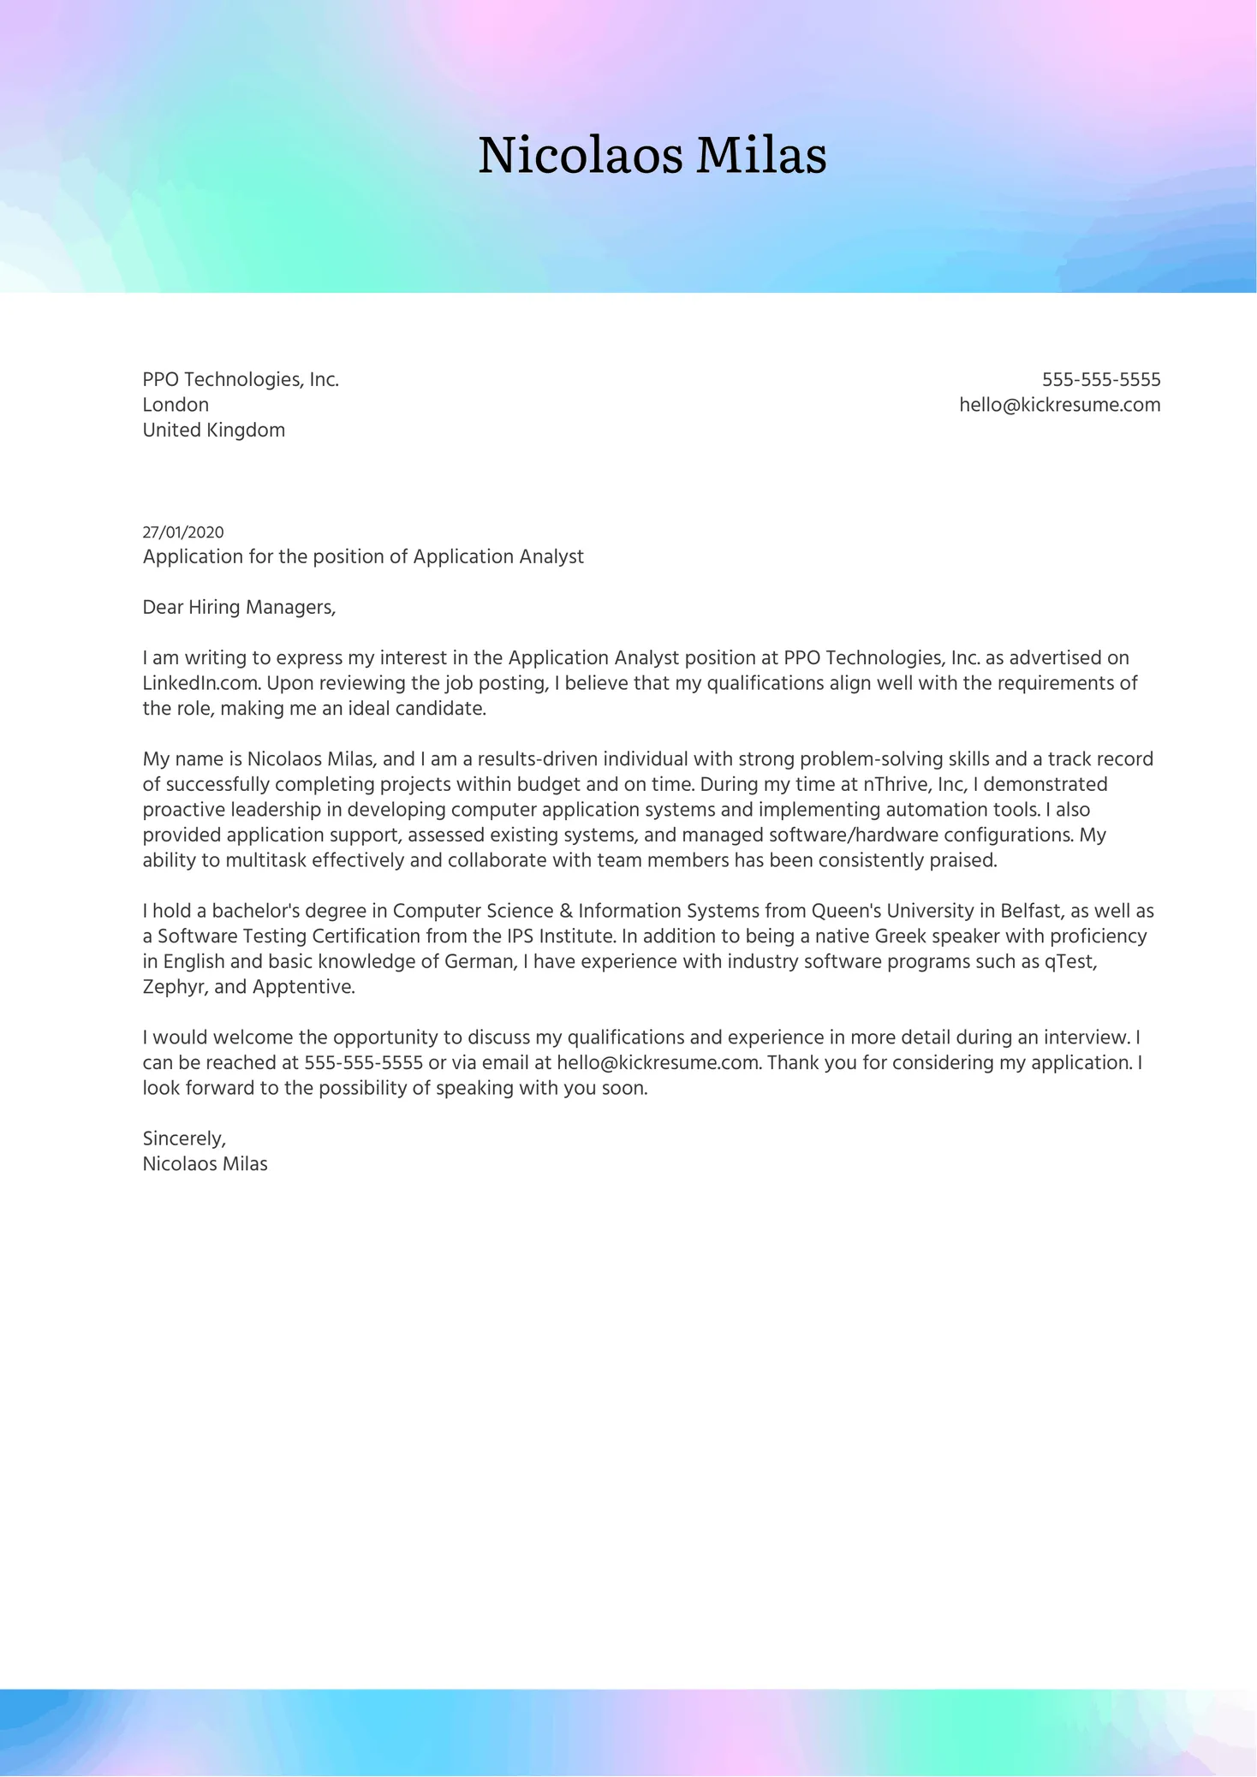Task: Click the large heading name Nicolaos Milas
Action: [x=652, y=155]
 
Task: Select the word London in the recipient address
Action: [x=176, y=405]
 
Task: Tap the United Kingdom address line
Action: [x=213, y=430]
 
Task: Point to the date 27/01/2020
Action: [x=183, y=532]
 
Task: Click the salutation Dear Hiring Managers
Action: [x=239, y=607]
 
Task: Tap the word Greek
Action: [x=900, y=936]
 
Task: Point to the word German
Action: [x=480, y=961]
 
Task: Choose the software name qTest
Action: [x=1069, y=961]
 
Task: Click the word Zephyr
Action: [x=175, y=987]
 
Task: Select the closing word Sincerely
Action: [x=184, y=1138]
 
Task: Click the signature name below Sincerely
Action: [x=205, y=1164]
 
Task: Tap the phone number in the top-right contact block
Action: [x=1101, y=379]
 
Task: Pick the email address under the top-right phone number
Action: [x=1059, y=405]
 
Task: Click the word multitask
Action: [x=265, y=860]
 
